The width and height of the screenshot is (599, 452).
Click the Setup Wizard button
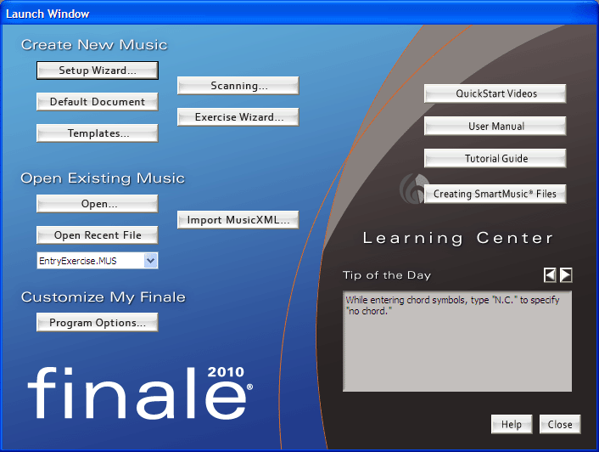(x=98, y=71)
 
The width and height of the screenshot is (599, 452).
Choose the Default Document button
(x=98, y=102)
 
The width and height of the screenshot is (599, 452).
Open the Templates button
(x=98, y=133)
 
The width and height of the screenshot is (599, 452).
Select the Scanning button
(x=238, y=86)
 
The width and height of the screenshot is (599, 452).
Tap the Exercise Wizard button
(x=238, y=117)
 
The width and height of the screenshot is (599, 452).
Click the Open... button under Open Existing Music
(x=98, y=204)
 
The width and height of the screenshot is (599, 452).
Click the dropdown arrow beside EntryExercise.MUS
(x=151, y=261)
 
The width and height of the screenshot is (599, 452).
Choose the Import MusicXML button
(x=238, y=220)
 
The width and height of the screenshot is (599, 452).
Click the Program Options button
(x=98, y=322)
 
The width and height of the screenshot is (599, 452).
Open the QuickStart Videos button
(x=495, y=93)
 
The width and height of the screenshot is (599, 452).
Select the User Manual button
(x=495, y=127)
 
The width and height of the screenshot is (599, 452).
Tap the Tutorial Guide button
(x=495, y=158)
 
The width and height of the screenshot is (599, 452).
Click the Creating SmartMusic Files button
(x=495, y=194)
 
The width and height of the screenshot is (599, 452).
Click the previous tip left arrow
(x=550, y=275)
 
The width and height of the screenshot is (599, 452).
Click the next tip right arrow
(x=566, y=275)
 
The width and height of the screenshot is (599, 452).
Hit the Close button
(x=560, y=424)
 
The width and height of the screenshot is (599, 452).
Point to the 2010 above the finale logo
(x=226, y=371)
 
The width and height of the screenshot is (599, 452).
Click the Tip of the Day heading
(x=387, y=275)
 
